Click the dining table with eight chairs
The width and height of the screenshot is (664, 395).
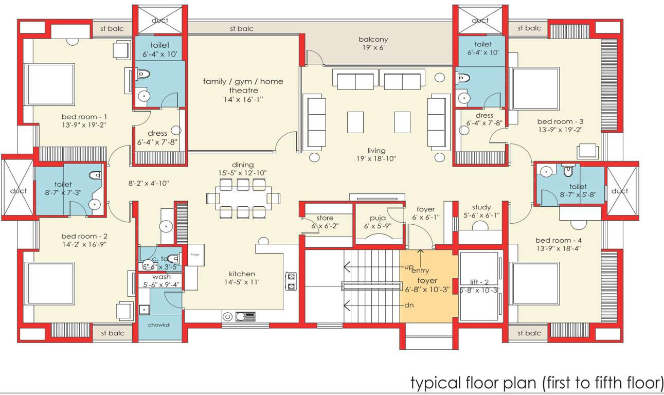[243, 198]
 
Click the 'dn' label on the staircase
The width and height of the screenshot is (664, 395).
[409, 305]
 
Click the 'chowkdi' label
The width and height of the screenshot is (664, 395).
[159, 325]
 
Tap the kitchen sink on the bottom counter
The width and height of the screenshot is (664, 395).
[245, 316]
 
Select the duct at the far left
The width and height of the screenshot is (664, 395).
[18, 191]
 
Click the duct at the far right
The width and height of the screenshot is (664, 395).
[620, 191]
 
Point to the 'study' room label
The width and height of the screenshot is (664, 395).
[481, 207]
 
